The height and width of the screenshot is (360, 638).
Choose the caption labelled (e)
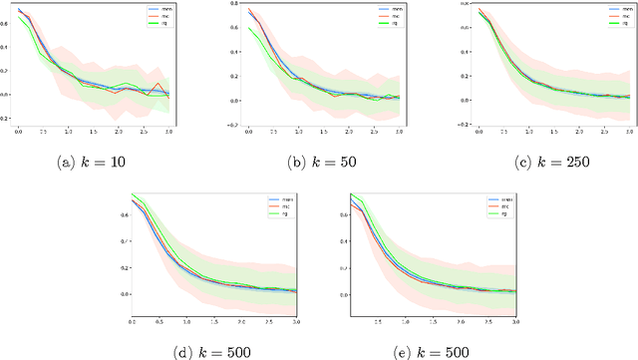click(x=423, y=350)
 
